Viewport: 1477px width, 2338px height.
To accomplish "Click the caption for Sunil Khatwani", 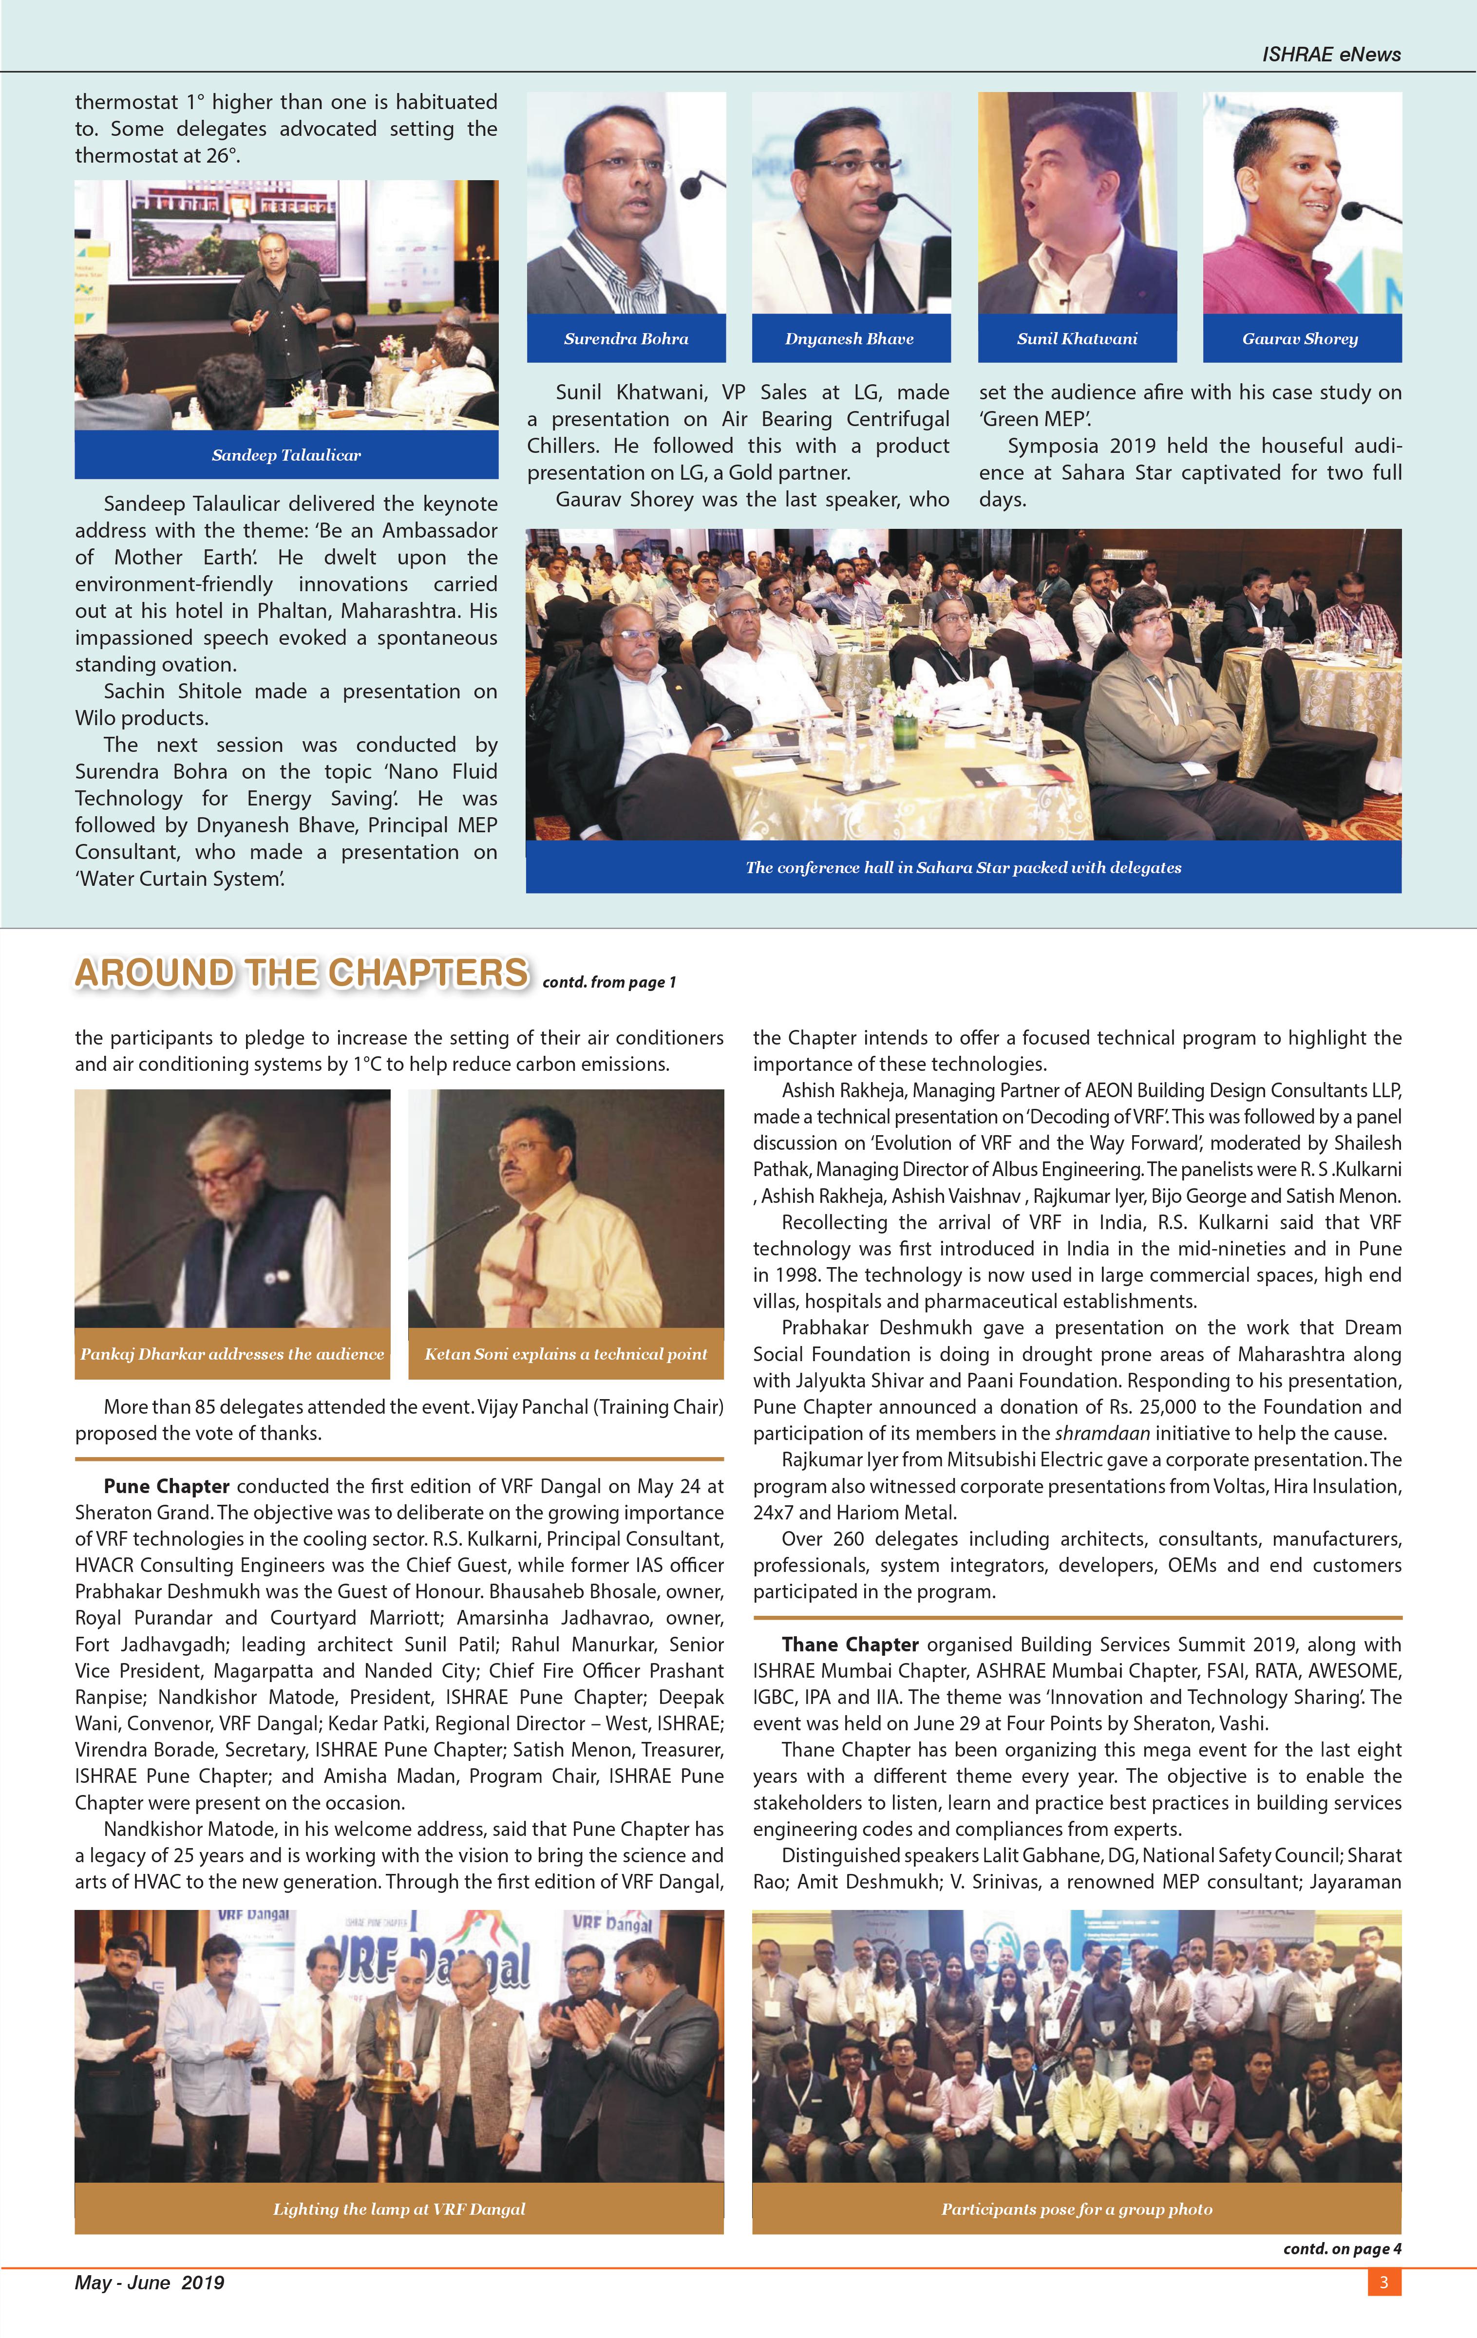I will click(x=1077, y=339).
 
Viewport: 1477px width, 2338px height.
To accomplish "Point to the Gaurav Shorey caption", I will click(x=1300, y=339).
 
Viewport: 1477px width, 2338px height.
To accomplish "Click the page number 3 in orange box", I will click(x=1384, y=2282).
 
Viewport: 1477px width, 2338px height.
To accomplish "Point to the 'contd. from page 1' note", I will click(x=609, y=983).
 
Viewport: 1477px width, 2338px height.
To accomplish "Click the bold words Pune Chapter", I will click(x=166, y=1486).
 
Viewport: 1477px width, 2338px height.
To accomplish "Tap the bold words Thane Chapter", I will click(x=850, y=1645).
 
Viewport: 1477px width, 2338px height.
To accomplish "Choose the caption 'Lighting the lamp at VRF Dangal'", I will click(x=399, y=2209).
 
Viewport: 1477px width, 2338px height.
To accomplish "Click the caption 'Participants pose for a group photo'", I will click(x=1077, y=2209).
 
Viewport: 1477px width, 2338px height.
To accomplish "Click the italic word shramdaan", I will click(x=1101, y=1433).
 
